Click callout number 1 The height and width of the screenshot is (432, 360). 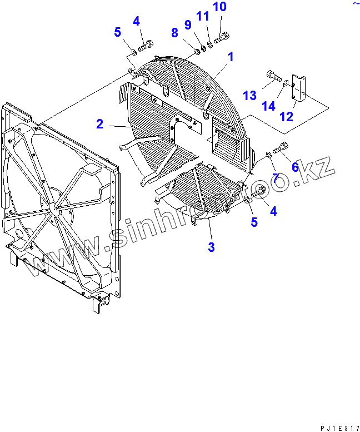click(x=231, y=57)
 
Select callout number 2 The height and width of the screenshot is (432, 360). click(x=99, y=124)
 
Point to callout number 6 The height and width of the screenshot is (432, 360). click(x=295, y=167)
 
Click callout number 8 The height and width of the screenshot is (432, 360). click(x=174, y=33)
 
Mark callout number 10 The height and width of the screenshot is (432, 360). click(x=219, y=8)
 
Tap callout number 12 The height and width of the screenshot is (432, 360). click(x=287, y=117)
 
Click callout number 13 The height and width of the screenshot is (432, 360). click(x=249, y=95)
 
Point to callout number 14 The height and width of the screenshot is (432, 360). click(x=269, y=105)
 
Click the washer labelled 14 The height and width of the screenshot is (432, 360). click(x=285, y=84)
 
